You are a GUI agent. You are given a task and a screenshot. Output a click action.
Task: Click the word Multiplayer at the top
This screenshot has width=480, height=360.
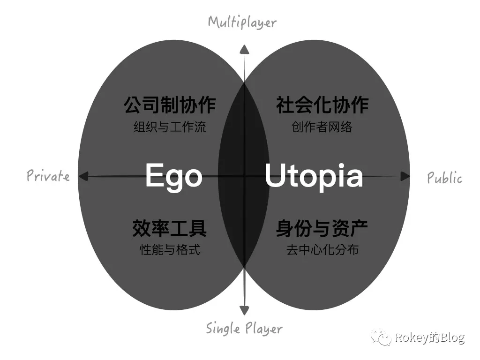[x=242, y=22]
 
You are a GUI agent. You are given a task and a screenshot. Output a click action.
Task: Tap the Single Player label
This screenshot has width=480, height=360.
[x=244, y=328]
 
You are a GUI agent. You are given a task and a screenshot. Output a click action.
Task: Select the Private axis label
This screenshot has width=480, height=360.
[x=48, y=176]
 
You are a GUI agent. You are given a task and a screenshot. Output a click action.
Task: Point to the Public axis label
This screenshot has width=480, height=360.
[x=444, y=178]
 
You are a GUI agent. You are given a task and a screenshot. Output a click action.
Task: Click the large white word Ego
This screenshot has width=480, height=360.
[x=174, y=176]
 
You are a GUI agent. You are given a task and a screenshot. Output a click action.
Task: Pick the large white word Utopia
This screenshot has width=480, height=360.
[x=314, y=176]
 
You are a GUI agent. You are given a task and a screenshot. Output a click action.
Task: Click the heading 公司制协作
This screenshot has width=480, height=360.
[x=170, y=105]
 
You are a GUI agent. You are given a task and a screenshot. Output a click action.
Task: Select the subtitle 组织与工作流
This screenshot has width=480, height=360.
[x=170, y=127]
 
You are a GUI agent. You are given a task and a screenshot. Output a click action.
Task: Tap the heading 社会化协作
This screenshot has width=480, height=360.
[x=322, y=105]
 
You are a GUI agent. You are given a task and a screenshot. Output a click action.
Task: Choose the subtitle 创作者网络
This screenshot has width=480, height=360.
[x=322, y=127]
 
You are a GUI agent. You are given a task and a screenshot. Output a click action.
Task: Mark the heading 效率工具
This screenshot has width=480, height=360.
[x=170, y=228]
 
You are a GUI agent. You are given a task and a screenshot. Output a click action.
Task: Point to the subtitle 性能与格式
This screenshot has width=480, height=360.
[x=170, y=250]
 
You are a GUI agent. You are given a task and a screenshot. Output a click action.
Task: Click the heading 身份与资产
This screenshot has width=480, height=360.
[x=322, y=228]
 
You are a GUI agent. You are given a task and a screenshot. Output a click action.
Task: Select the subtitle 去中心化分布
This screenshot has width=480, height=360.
[x=322, y=250]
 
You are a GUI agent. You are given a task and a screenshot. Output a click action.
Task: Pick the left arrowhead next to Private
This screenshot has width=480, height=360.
[x=83, y=176]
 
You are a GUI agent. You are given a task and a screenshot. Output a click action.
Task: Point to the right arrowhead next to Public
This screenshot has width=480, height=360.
[x=405, y=177]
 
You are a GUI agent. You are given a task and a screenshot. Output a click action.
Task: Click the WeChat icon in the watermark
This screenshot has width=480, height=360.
[x=381, y=337]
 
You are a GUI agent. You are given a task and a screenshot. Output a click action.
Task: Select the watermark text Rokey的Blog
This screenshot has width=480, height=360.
[x=429, y=337]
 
